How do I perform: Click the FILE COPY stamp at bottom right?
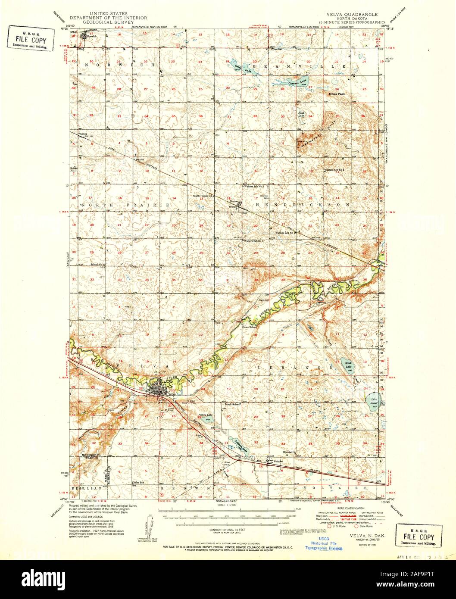(419, 537)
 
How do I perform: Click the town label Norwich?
(91, 37)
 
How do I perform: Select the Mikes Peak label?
(337, 94)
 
